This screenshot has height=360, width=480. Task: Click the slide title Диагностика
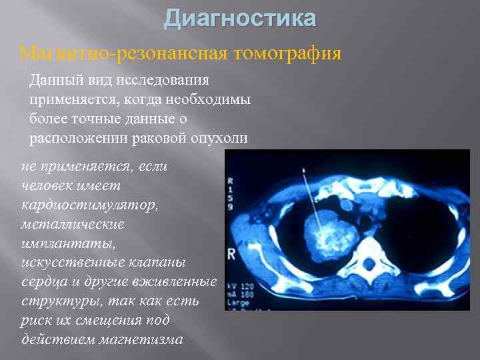click(x=240, y=19)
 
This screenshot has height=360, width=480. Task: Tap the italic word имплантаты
click(x=64, y=244)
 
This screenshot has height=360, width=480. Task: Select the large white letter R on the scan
click(x=232, y=253)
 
